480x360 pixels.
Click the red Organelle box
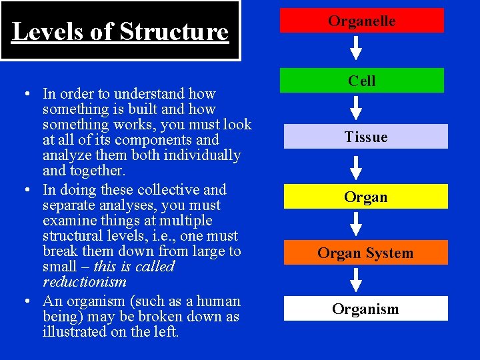tap(361, 21)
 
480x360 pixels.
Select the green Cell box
tap(361, 81)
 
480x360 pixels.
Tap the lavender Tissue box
tap(365, 137)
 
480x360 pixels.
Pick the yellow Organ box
tap(365, 197)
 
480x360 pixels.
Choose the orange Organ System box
tap(365, 253)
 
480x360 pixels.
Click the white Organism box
tap(365, 309)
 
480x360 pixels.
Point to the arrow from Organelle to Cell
tap(357, 49)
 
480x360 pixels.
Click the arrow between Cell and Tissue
tap(357, 108)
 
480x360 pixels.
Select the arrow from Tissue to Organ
tap(357, 167)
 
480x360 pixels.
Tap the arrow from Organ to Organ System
tap(357, 224)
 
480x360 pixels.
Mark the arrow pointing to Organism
tap(357, 281)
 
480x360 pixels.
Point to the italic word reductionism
tap(84, 282)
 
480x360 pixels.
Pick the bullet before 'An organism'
tap(23, 301)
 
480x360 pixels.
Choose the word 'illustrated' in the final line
tap(75, 331)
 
